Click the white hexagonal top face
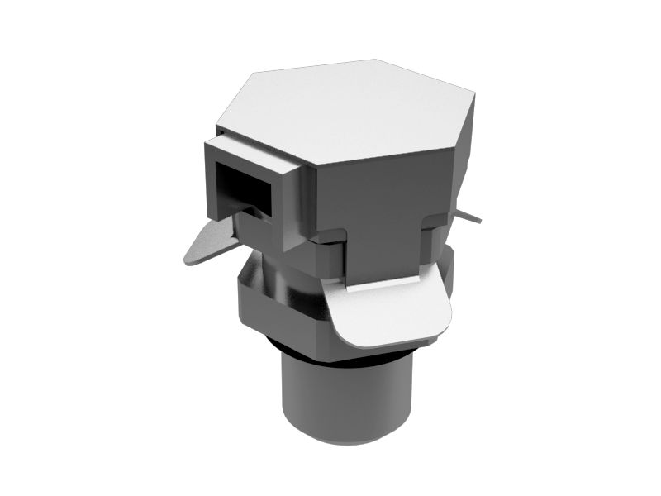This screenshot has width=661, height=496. point(355,112)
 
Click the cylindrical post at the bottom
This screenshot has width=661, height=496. point(347,397)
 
